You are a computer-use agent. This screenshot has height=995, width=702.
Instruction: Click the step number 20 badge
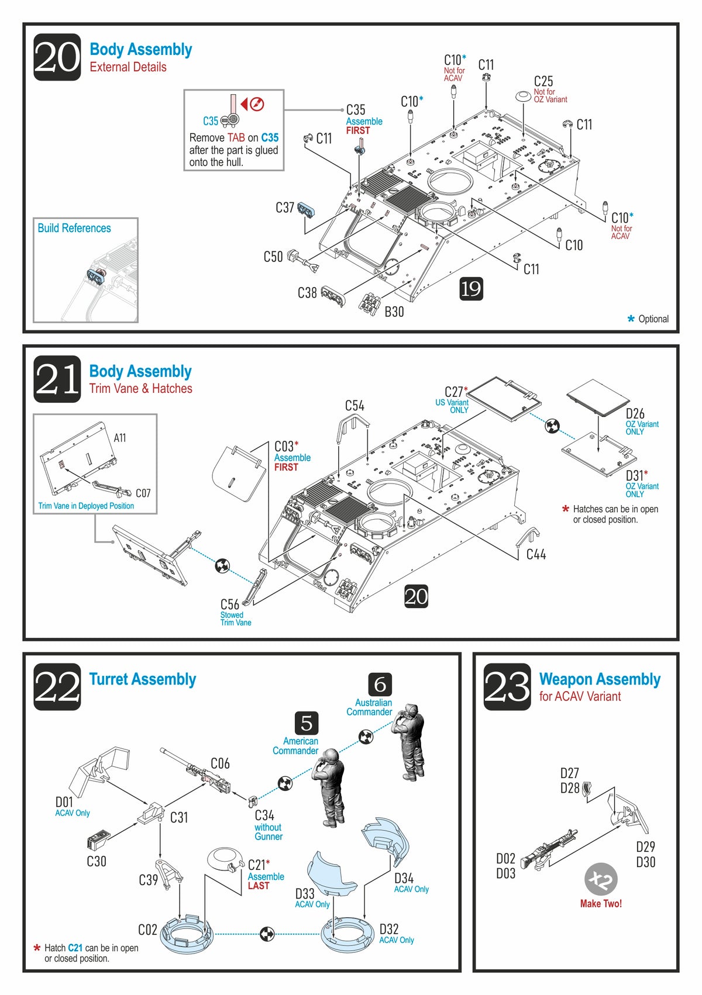(57, 57)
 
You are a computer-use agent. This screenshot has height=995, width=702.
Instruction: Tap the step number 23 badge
(507, 687)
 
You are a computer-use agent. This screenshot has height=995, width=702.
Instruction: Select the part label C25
(543, 81)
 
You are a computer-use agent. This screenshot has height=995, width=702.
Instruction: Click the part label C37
(285, 208)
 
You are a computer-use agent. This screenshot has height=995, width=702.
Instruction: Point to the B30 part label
(394, 312)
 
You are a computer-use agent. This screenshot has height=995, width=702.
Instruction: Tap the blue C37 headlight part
(307, 210)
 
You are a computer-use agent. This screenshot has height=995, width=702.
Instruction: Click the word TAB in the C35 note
(236, 138)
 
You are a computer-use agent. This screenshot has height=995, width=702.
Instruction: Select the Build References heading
(74, 228)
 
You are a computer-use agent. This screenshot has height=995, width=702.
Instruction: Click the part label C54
(355, 405)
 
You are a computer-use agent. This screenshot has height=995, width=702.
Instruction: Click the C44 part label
(536, 554)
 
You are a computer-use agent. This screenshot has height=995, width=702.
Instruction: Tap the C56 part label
(229, 604)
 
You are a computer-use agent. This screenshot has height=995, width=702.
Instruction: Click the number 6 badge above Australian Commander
(380, 684)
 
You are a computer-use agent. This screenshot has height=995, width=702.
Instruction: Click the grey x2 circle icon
(601, 879)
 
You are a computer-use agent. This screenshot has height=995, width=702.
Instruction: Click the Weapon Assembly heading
(600, 679)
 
